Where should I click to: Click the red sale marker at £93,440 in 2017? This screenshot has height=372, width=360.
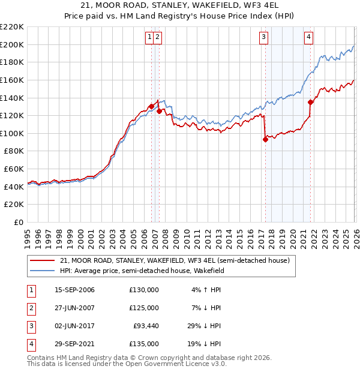(x=265, y=139)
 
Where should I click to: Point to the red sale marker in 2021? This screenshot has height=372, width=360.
(x=310, y=102)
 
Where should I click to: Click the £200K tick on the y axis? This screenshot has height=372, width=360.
(x=13, y=44)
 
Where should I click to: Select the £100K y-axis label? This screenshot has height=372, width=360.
(x=13, y=133)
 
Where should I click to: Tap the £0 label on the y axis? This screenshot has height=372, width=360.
(x=19, y=223)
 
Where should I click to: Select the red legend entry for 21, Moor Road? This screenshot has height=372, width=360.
(x=175, y=260)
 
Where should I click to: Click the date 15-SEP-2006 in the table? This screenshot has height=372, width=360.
(x=74, y=290)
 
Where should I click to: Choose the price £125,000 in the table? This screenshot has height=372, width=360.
(x=144, y=308)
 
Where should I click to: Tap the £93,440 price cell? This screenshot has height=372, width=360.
(x=146, y=326)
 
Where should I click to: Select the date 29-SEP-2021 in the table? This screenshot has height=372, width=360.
(x=74, y=344)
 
